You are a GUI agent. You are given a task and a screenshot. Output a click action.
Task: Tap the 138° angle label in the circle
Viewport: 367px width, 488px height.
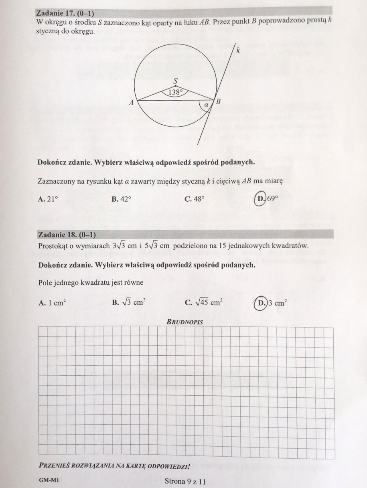coord(175,92)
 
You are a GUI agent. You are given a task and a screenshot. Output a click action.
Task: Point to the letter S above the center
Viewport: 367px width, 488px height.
coord(175,81)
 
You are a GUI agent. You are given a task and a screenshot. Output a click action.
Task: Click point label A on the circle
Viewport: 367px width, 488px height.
coord(131,103)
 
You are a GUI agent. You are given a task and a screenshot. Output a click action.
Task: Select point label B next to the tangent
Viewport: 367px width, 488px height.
coord(219,102)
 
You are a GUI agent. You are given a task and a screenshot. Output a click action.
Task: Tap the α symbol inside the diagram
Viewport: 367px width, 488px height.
coord(206,105)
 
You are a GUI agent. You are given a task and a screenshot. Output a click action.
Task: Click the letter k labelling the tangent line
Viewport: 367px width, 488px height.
coord(238,51)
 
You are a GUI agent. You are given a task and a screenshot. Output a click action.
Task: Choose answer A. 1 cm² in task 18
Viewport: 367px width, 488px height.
coord(52,303)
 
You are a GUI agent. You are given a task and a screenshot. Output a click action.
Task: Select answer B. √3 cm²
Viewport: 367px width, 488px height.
coord(128,303)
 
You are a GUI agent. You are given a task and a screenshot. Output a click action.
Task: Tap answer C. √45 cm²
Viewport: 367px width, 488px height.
coord(204,303)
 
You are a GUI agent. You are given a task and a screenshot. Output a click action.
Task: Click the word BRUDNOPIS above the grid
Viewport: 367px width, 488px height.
coord(185,322)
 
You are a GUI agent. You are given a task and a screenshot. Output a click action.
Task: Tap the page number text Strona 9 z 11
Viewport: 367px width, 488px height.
coord(185,480)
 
